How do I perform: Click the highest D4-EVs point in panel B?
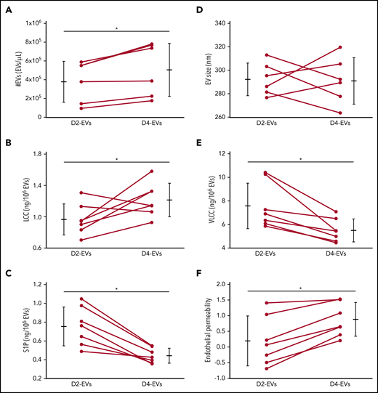[x=151, y=171]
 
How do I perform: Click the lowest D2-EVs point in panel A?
[x=81, y=108]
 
